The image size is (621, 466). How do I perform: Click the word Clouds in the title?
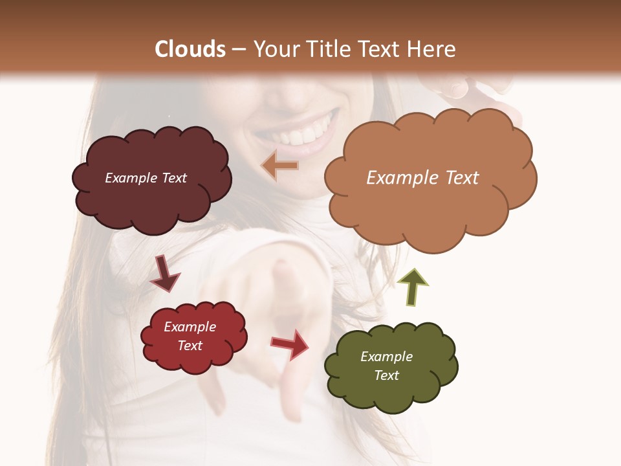click(190, 49)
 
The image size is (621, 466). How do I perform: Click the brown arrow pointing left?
click(279, 166)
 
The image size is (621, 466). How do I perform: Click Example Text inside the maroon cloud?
click(146, 178)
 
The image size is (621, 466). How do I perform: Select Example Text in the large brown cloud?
click(422, 177)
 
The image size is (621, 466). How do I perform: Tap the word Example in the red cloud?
click(190, 327)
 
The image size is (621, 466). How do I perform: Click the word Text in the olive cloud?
click(386, 375)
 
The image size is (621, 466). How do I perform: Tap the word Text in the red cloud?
click(190, 346)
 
